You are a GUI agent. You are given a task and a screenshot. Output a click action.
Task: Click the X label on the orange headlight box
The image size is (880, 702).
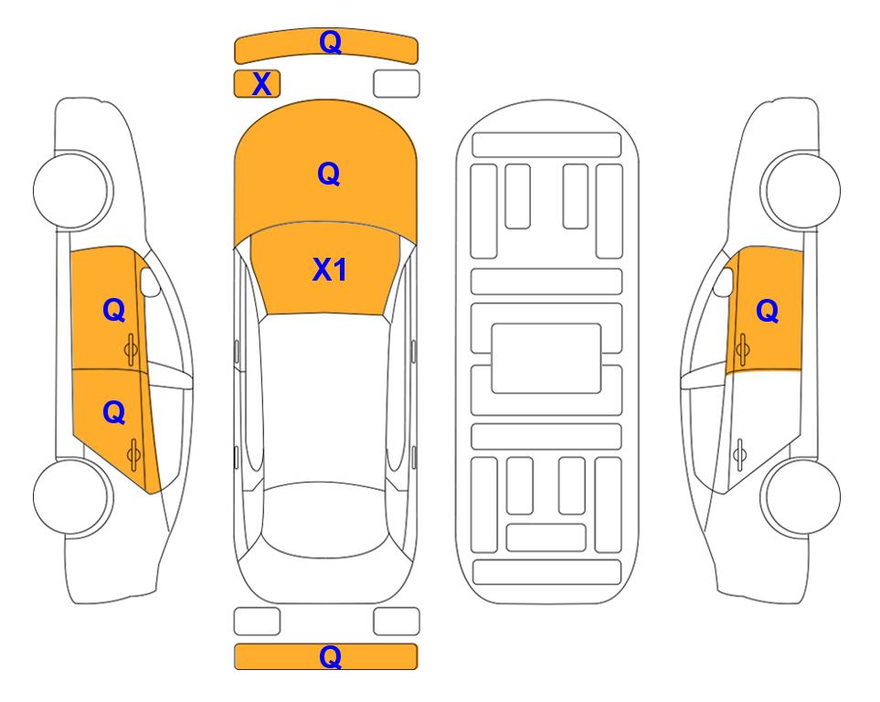coord(261,84)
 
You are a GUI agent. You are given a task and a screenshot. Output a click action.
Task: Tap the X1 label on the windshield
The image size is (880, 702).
coord(329,270)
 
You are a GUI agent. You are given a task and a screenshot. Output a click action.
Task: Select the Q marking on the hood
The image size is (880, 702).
coord(328,174)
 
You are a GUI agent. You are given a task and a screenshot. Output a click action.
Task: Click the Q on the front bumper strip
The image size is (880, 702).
coord(330,42)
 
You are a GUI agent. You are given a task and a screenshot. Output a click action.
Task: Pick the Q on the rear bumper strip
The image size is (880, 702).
coord(330,656)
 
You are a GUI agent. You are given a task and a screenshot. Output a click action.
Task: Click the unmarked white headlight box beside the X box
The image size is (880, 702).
coord(396,83)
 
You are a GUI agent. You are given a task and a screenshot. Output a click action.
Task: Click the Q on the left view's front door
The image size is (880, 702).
coord(113,311)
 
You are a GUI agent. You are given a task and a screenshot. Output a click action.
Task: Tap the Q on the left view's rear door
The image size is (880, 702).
coord(113,413)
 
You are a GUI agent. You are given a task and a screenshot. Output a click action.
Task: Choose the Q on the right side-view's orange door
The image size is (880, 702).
coord(768,312)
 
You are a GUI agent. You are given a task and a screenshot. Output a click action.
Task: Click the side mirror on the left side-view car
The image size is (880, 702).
coord(149,282)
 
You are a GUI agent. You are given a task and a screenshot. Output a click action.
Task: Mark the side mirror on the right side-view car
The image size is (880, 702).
coord(726,282)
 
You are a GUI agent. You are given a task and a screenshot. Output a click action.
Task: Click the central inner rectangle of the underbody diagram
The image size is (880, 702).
coord(546,357)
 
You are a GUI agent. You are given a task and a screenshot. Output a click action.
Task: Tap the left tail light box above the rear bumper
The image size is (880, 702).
coord(257,622)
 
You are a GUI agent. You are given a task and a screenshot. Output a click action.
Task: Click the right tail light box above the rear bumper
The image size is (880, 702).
coord(396,622)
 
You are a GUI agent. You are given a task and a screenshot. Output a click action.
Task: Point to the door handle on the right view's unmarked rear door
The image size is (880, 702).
coord(739,451)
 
